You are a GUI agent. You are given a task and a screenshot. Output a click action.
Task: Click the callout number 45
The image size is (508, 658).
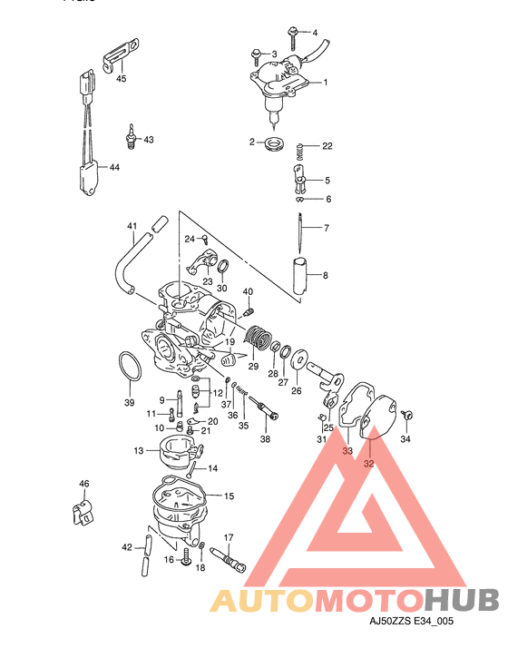coord(121,79)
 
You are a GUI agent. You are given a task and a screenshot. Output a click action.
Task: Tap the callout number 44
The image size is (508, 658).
coord(113,168)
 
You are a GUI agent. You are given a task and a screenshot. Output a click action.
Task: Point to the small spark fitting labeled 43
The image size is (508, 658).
coord(133,137)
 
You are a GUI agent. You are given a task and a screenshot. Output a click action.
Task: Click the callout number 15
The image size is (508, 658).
coord(229,496)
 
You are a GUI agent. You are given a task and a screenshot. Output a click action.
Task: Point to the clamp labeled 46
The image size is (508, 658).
coord(82,511)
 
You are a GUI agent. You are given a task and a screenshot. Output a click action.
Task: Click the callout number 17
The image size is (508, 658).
coord(229,537)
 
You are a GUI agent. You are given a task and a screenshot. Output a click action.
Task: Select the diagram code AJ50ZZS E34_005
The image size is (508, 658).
coord(409,622)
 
